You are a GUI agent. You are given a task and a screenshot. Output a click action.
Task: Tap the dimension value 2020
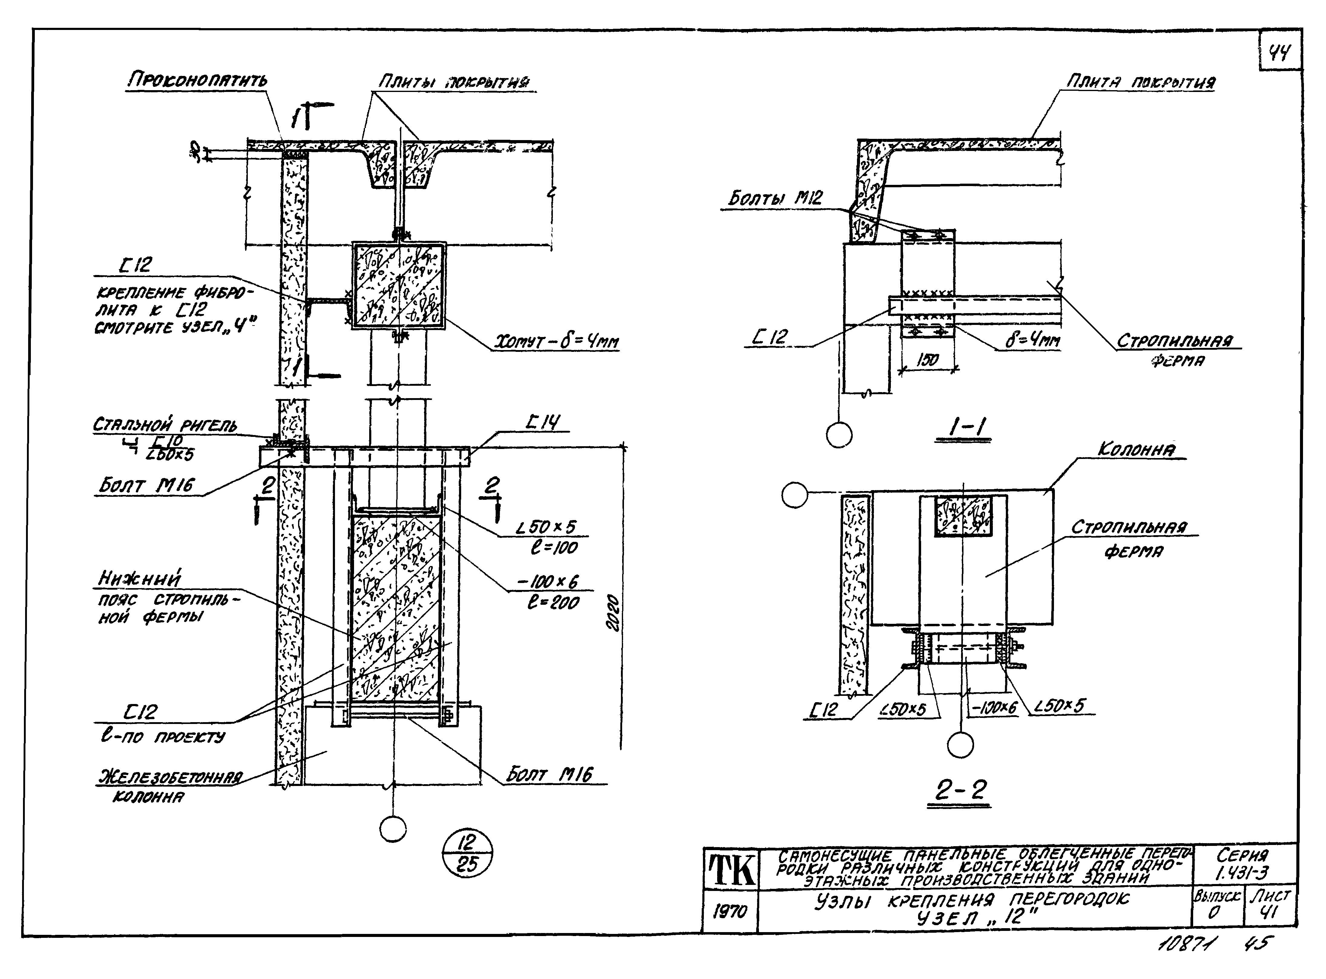[613, 612]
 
